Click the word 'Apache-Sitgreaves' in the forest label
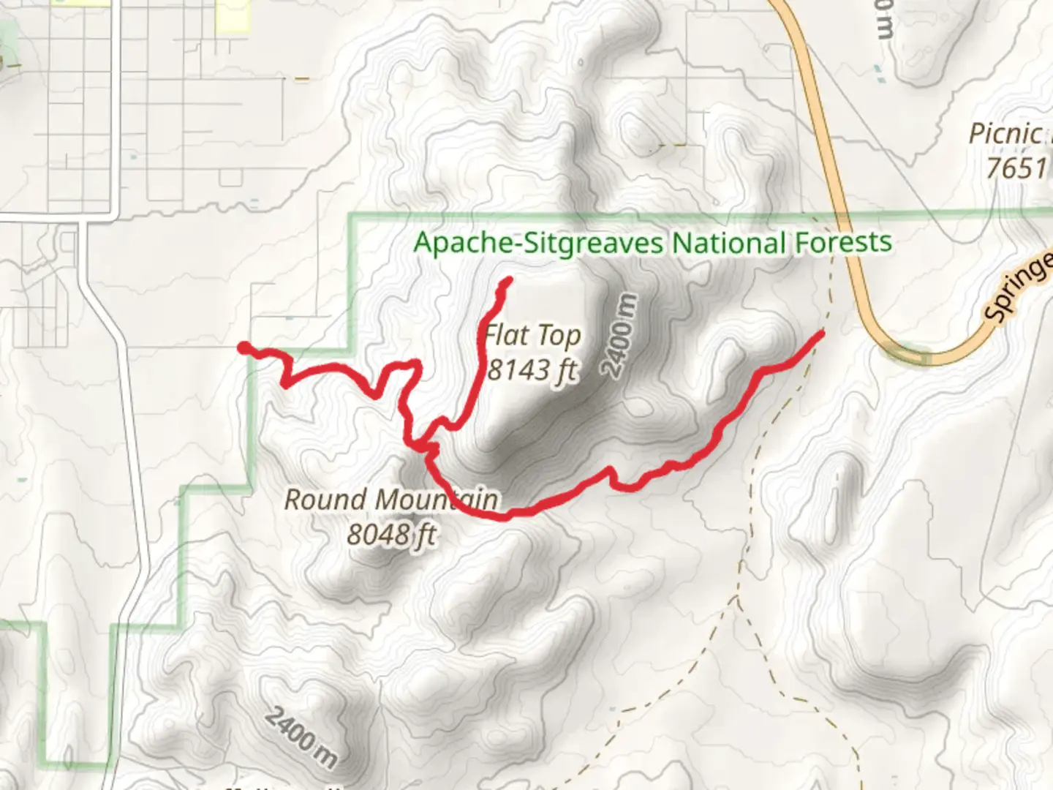539,242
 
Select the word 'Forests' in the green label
842,242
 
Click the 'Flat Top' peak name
533,336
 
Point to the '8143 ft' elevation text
532,370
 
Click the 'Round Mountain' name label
390,500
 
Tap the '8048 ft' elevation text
390,535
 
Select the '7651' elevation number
1016,169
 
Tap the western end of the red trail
242,347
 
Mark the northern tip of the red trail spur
507,280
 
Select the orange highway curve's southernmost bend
914,358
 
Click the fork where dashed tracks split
737,598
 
